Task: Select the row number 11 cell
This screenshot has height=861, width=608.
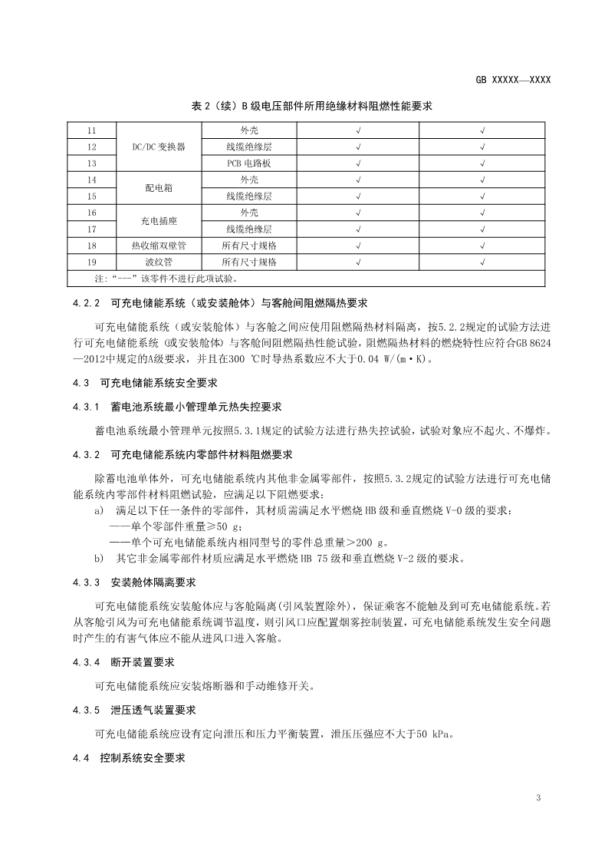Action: [92, 131]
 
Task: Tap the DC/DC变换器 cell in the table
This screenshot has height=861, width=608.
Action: [159, 146]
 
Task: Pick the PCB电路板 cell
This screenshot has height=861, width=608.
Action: [248, 163]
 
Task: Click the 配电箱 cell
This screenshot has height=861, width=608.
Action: [159, 187]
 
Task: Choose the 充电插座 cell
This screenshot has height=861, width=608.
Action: [159, 220]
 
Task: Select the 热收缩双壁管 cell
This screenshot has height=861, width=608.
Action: [159, 245]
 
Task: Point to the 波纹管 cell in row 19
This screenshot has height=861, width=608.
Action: [159, 262]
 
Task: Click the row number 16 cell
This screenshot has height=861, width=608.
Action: [92, 212]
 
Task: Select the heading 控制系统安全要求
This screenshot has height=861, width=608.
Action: [143, 757]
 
